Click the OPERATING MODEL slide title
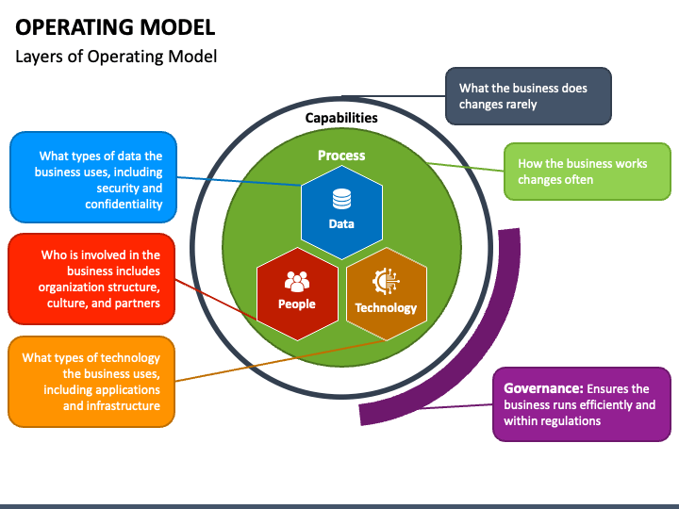coord(115,25)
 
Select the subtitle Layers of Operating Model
coord(116,57)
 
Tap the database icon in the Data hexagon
coord(341,200)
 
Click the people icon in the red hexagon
coord(297,281)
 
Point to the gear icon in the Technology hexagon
coord(386,282)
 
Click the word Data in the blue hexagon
coord(341,223)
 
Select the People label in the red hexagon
coord(297,304)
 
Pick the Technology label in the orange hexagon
coord(386,307)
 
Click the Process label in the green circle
coord(341,156)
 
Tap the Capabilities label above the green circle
coord(341,118)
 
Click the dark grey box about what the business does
coord(528,96)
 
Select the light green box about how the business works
coord(587,172)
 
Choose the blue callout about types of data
coord(92,177)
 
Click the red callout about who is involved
coord(92,279)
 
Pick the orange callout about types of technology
coord(92,382)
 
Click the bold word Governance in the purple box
coord(543,388)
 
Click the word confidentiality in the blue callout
coord(124,205)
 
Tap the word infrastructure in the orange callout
coord(122,406)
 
